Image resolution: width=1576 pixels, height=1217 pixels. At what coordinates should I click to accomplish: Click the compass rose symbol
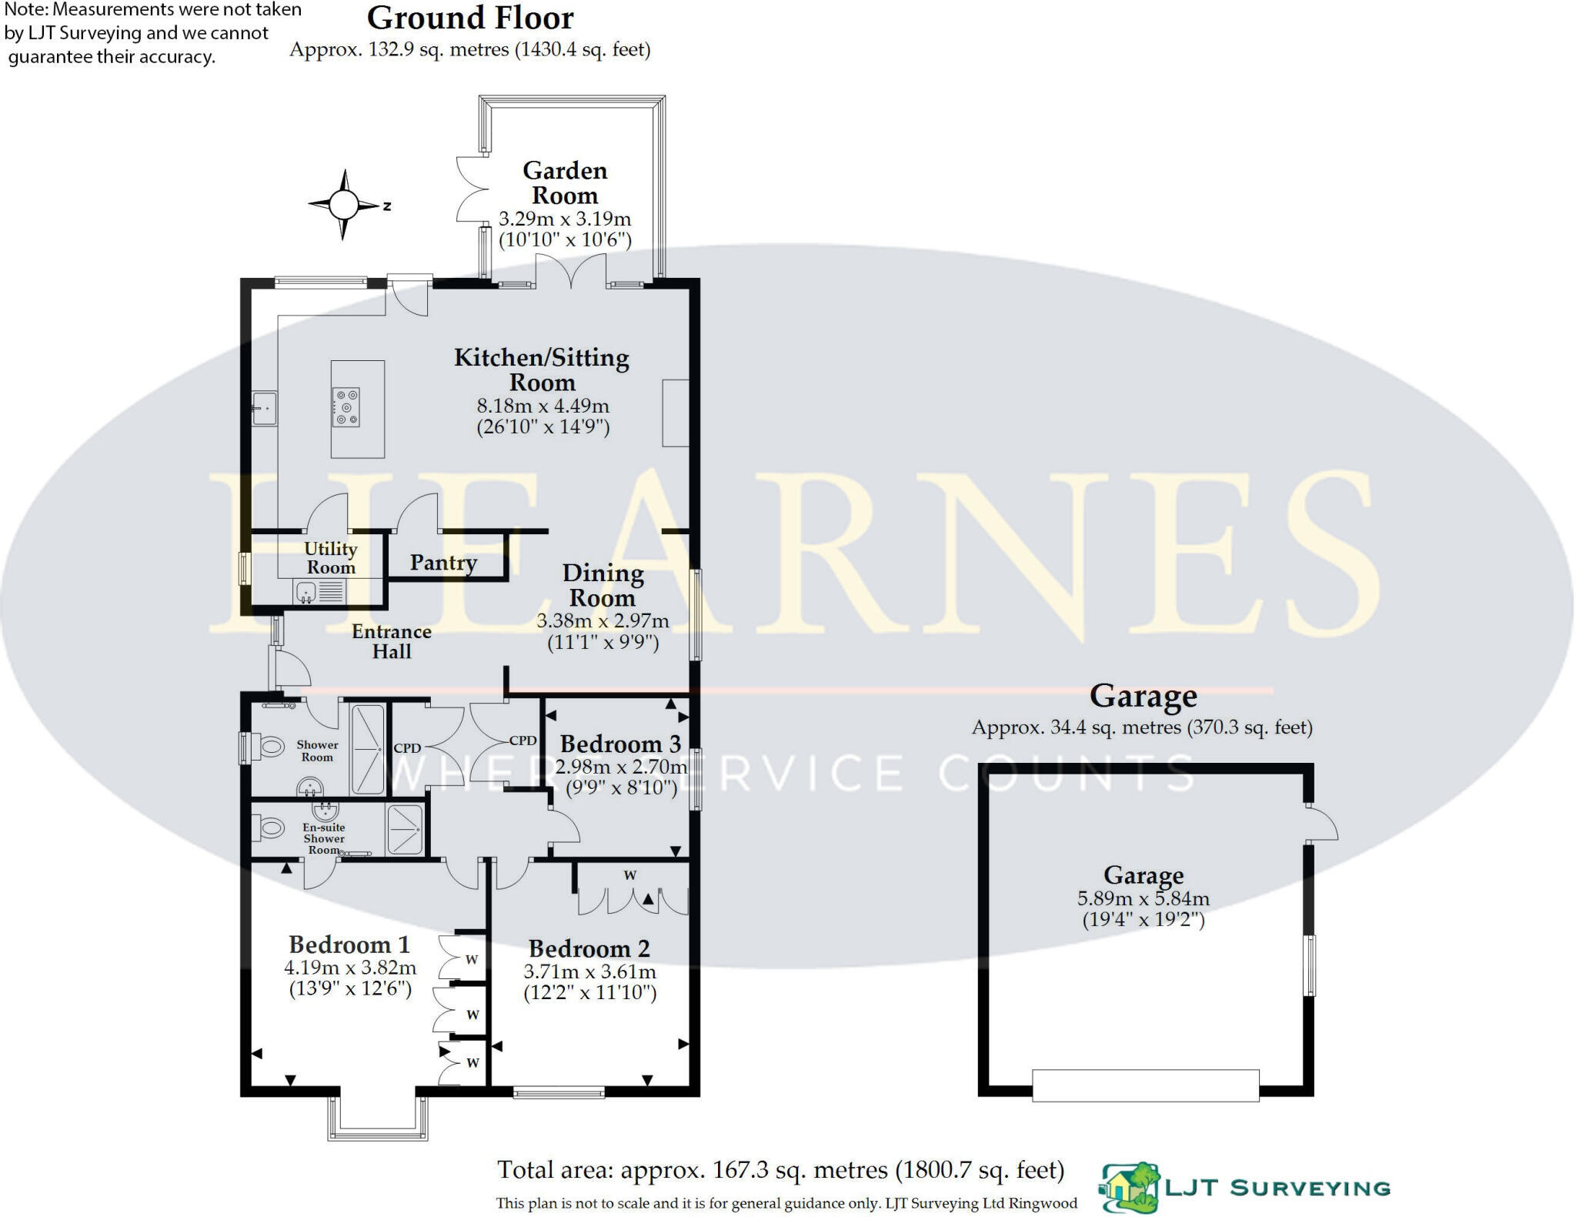344,205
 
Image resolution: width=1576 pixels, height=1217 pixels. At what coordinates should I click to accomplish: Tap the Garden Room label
565,182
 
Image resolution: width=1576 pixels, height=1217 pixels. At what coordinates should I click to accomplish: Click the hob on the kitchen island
346,407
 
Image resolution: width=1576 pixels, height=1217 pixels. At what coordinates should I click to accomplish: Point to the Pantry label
443,563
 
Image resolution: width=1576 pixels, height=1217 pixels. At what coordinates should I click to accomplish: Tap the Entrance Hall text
392,641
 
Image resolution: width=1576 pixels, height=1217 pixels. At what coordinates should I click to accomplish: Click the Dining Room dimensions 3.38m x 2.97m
603,620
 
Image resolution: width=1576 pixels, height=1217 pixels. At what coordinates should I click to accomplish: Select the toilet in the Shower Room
269,745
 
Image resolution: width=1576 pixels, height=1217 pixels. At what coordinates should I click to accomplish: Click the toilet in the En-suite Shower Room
269,828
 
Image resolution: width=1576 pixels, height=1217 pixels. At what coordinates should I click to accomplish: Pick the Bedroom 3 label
620,744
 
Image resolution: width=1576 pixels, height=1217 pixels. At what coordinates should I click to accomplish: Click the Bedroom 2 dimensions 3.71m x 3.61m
590,971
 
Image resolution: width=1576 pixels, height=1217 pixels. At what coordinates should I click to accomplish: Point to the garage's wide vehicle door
1145,1085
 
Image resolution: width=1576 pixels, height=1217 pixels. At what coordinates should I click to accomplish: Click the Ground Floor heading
470,18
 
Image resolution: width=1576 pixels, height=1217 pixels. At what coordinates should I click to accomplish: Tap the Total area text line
780,1170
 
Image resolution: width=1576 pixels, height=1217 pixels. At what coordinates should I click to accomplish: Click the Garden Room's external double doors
471,189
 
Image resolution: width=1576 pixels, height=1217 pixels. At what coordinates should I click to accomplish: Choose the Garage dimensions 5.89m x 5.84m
1144,898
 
